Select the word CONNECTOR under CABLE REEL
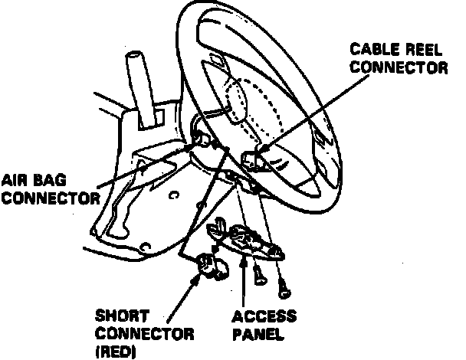click(399, 67)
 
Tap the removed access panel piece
click(249, 242)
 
